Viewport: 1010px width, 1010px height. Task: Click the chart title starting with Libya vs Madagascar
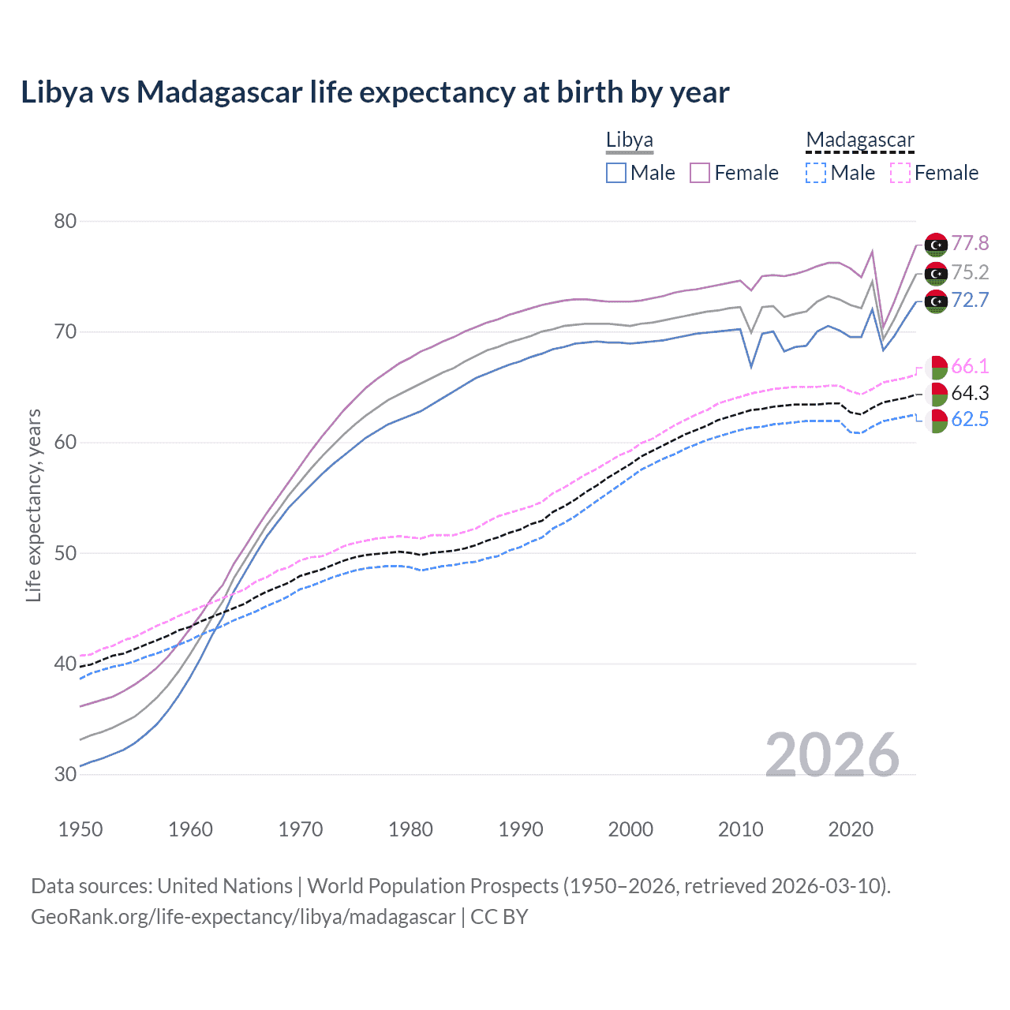(375, 92)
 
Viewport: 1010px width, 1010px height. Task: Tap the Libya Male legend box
(616, 173)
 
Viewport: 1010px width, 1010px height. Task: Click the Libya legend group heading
(629, 140)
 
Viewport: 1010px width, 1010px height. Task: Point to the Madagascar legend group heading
(859, 140)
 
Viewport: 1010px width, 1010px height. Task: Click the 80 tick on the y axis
(65, 221)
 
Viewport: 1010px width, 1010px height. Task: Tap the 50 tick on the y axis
(65, 553)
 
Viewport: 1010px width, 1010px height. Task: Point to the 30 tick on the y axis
(65, 774)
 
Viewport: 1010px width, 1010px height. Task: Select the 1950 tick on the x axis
(80, 829)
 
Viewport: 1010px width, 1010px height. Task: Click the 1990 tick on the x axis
(521, 829)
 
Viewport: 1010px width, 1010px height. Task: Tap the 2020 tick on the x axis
(851, 829)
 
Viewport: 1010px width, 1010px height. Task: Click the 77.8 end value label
(970, 243)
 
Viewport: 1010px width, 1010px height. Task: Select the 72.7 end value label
(970, 300)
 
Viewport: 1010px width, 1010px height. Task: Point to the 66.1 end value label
(970, 366)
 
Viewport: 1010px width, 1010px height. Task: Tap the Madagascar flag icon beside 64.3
(936, 394)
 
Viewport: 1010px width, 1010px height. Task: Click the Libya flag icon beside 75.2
(936, 274)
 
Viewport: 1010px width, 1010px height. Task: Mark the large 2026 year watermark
(832, 755)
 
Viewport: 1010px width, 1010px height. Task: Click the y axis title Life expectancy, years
(33, 505)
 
